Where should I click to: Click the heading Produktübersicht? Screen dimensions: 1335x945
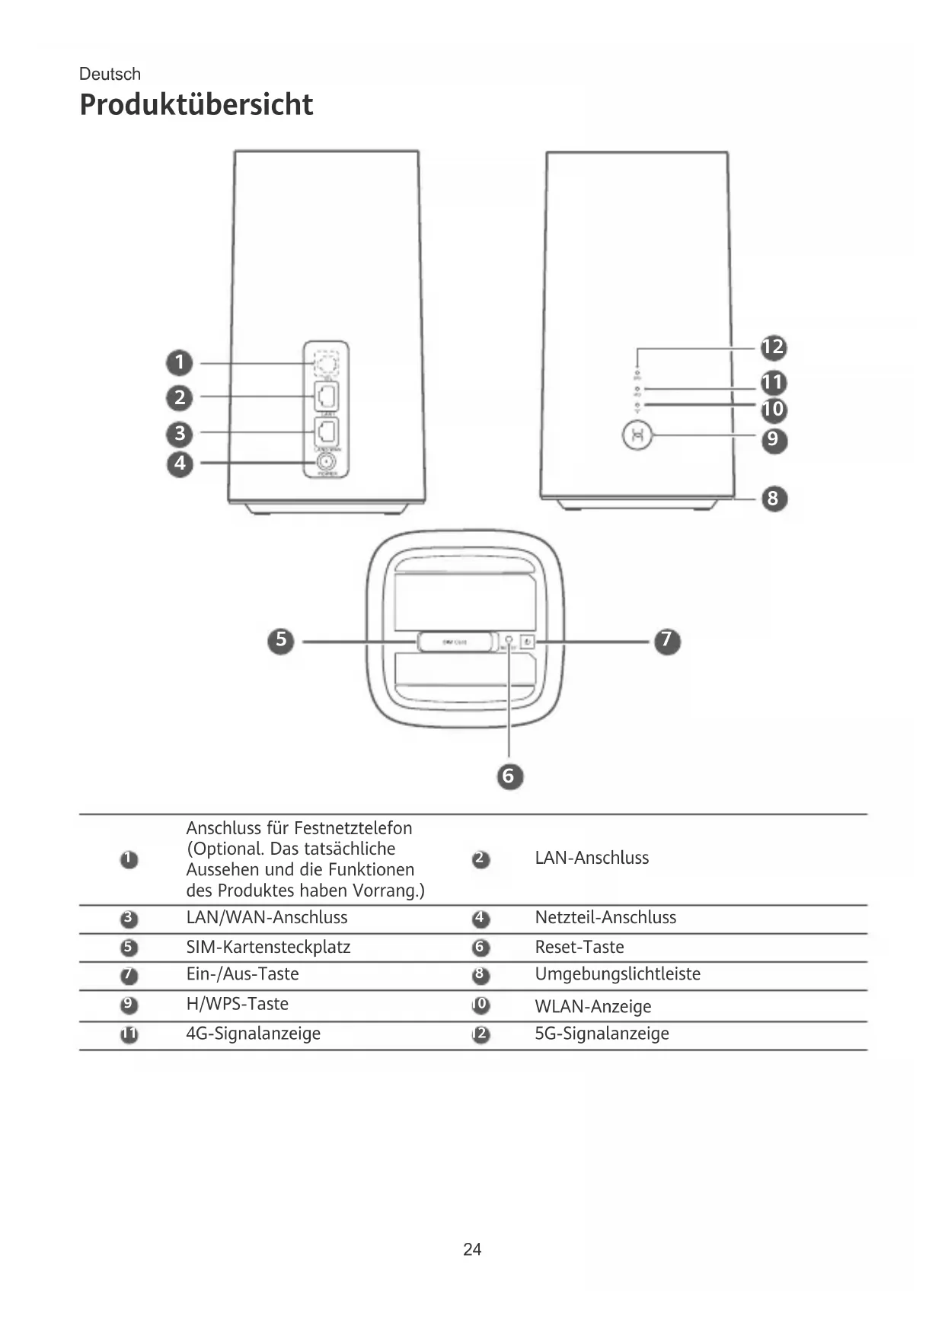point(196,104)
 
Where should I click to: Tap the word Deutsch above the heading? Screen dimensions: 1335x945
point(110,74)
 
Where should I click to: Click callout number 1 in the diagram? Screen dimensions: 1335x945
point(180,362)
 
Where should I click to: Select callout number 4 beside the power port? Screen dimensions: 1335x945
point(180,463)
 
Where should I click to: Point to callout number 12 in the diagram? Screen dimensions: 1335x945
point(773,347)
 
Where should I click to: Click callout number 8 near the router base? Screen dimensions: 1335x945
point(773,499)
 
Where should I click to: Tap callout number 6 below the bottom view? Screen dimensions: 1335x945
point(509,776)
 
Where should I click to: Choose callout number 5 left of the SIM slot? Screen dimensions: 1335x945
point(281,640)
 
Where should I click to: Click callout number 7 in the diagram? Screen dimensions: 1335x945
point(667,640)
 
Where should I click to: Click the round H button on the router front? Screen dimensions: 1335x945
point(637,436)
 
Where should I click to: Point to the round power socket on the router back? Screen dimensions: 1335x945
point(327,462)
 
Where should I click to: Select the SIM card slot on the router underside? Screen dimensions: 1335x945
point(455,642)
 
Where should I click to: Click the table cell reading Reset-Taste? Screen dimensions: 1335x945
point(579,947)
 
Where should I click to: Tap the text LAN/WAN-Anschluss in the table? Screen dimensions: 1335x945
point(267,917)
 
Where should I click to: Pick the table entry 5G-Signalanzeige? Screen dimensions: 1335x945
point(602,1034)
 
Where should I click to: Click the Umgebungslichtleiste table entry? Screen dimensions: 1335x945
point(617,974)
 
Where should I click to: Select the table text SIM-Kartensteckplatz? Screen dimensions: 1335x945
point(268,947)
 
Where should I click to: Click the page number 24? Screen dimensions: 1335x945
point(472,1249)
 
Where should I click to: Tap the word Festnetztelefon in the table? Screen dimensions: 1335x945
point(353,828)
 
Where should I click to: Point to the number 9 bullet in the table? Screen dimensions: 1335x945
point(129,1005)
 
